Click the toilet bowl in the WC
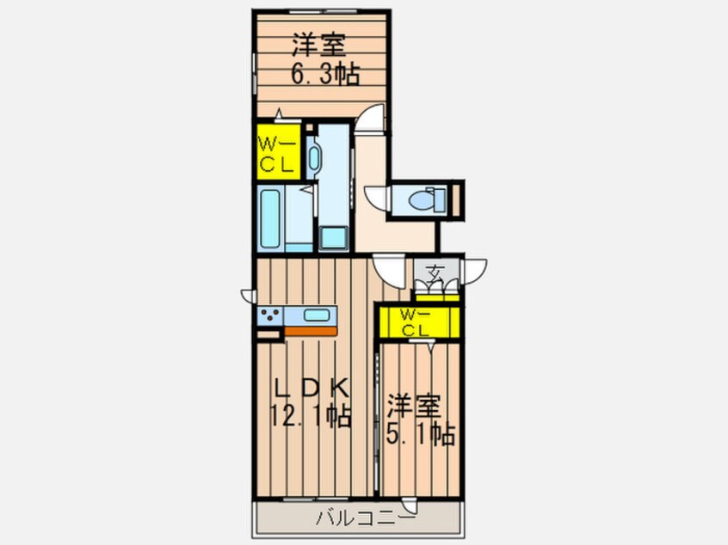click(423, 199)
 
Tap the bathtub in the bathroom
click(273, 219)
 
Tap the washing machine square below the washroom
click(333, 238)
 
